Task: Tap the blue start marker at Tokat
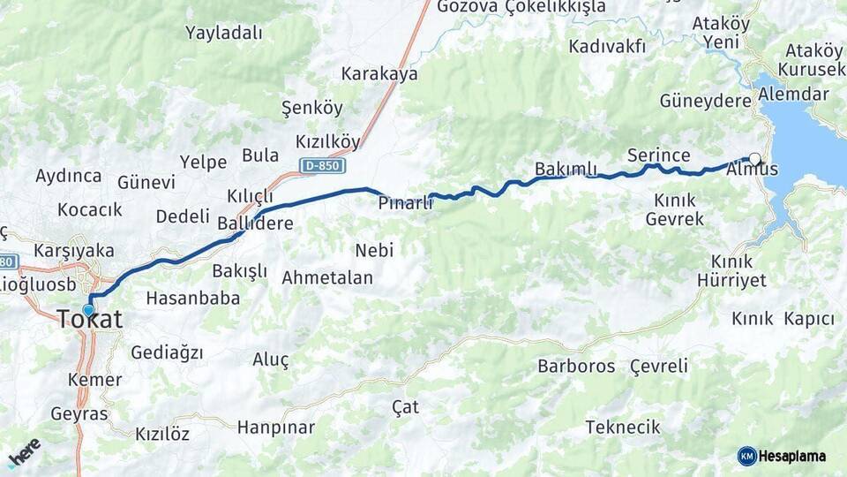tap(88, 310)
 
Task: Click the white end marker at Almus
tap(754, 159)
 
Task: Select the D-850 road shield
tap(322, 165)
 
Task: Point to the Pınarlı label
tap(405, 202)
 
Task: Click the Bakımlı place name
tap(566, 169)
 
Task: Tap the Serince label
tap(658, 155)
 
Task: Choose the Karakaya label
tap(379, 74)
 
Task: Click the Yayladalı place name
tap(224, 34)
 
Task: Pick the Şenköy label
tap(311, 109)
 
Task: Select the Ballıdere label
tap(255, 223)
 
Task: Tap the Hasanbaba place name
tap(192, 298)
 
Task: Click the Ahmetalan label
tap(327, 278)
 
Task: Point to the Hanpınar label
tap(275, 428)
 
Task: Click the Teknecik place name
tap(623, 428)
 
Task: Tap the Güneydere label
tap(705, 101)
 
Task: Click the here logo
tap(25, 451)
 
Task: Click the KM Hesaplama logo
tap(782, 456)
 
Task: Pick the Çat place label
tap(406, 407)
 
